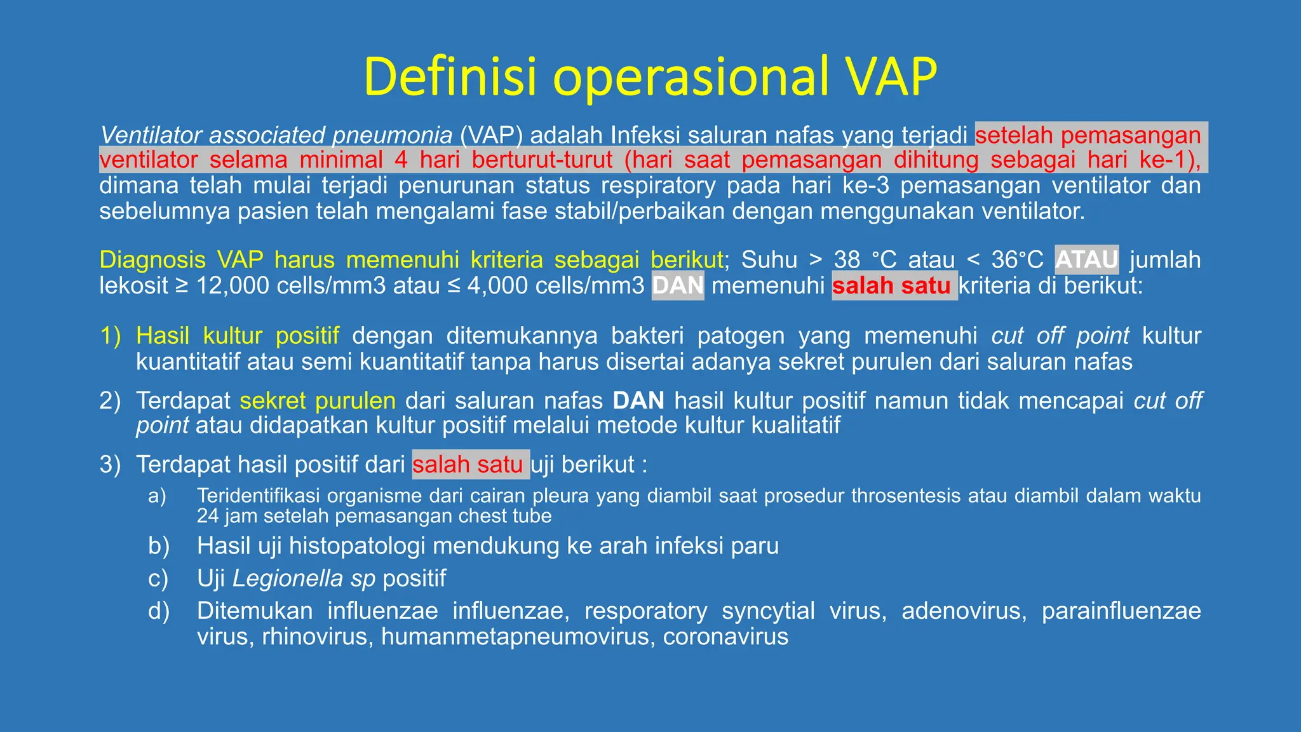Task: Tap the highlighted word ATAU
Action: [x=1086, y=260]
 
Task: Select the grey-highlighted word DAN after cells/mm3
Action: [x=678, y=286]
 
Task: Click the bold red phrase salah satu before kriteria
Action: [x=891, y=286]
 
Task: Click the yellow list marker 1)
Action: [x=111, y=335]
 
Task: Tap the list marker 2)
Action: [x=111, y=400]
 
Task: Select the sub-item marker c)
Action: [x=158, y=578]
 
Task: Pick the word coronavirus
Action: [x=725, y=636]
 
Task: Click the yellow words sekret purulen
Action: [x=318, y=400]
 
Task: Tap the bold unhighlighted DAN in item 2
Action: [x=638, y=400]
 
